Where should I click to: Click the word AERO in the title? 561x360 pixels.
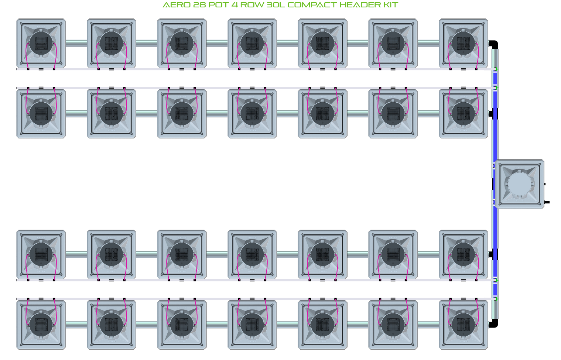(x=177, y=5)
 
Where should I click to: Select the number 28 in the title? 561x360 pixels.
(x=200, y=5)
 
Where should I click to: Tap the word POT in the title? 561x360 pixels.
(x=219, y=5)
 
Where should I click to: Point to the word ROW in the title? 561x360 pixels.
(x=253, y=5)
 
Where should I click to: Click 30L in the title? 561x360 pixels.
(x=276, y=5)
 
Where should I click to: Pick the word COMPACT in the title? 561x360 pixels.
(x=312, y=5)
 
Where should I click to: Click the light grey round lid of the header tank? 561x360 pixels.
(x=519, y=184)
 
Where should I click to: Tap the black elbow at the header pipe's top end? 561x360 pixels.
(x=494, y=44)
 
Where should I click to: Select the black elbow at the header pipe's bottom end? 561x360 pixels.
(x=494, y=324)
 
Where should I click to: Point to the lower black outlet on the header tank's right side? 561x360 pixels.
(x=547, y=202)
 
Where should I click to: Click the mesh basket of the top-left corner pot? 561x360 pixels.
(x=41, y=43)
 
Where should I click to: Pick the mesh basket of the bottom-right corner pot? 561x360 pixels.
(x=463, y=325)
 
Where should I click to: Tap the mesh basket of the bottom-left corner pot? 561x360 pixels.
(x=41, y=325)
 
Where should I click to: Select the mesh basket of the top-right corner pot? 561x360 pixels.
(x=463, y=43)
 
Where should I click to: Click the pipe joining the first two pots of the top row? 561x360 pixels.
(x=76, y=43)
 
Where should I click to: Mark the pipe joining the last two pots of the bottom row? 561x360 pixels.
(x=428, y=325)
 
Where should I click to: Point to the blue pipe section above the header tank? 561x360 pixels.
(x=495, y=126)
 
